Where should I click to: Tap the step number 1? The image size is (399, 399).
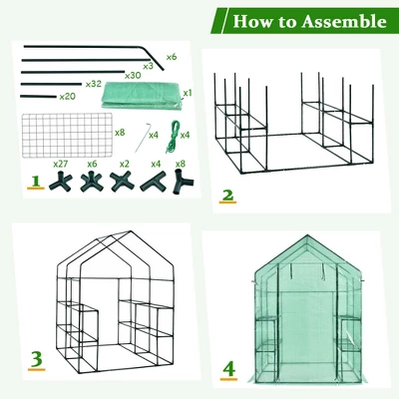(x=37, y=183)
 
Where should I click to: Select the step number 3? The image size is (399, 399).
(x=36, y=357)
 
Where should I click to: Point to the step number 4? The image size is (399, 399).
(x=229, y=370)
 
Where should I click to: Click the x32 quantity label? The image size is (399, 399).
(x=95, y=85)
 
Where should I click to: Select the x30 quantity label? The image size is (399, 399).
(x=132, y=75)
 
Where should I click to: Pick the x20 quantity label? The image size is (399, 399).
(x=68, y=97)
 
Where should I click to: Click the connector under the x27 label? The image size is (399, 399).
(x=62, y=182)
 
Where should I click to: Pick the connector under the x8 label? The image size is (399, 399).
(x=181, y=182)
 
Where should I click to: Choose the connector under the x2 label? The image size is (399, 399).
(x=123, y=182)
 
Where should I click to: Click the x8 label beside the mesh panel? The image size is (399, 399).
(x=120, y=132)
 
